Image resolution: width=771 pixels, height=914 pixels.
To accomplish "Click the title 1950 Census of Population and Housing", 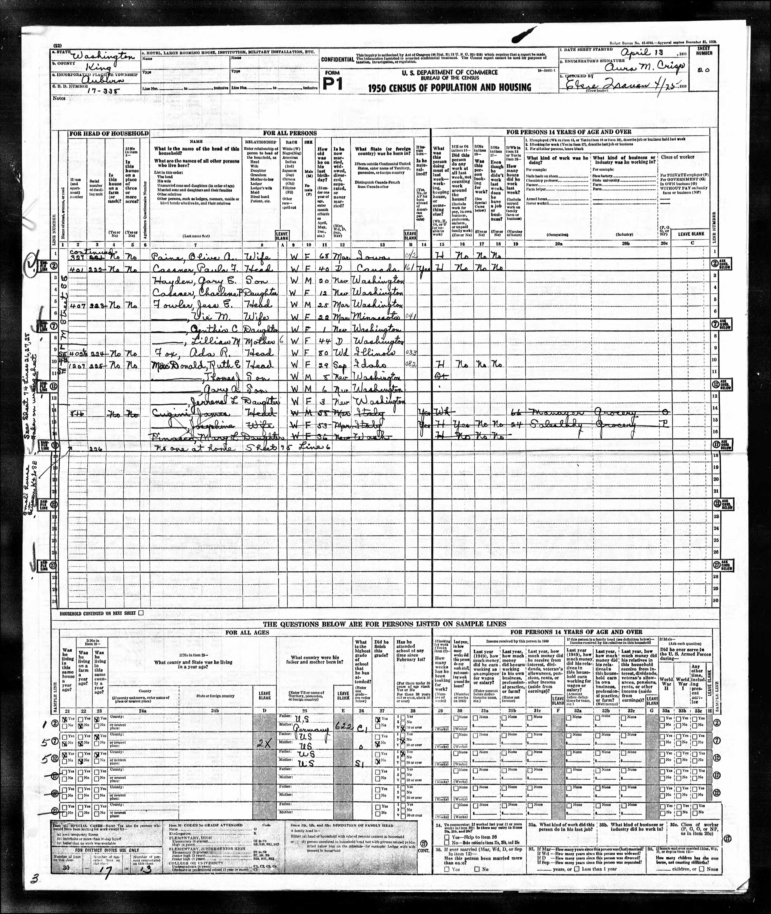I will pos(449,87).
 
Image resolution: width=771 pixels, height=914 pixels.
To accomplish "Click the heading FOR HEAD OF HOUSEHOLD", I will pos(108,133).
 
